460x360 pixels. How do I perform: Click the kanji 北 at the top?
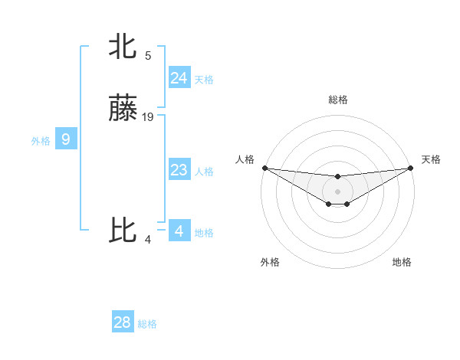[x=123, y=47]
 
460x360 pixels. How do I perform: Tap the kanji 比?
[x=123, y=231]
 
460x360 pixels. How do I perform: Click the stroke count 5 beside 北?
[x=148, y=55]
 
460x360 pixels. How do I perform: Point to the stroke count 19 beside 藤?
[x=148, y=117]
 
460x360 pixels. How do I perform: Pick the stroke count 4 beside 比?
[x=148, y=239]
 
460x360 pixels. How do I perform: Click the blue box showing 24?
[x=179, y=77]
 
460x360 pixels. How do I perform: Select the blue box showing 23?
[x=179, y=170]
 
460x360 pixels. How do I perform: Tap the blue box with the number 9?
[x=66, y=139]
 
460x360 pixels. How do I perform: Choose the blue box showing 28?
[x=122, y=322]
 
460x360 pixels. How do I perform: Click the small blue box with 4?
[x=179, y=231]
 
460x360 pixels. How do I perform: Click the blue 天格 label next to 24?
[x=204, y=80]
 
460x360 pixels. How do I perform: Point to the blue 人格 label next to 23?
[x=204, y=172]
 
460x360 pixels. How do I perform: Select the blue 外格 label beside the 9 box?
[x=41, y=141]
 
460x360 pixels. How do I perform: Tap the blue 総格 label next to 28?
[x=147, y=324]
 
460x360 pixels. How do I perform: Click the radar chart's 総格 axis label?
[x=337, y=100]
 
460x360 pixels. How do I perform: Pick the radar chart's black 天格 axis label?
[x=431, y=159]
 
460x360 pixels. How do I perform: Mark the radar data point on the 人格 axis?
[x=264, y=167]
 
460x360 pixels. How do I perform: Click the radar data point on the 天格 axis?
[x=410, y=167]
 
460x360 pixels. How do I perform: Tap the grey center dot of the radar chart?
[x=337, y=191]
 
